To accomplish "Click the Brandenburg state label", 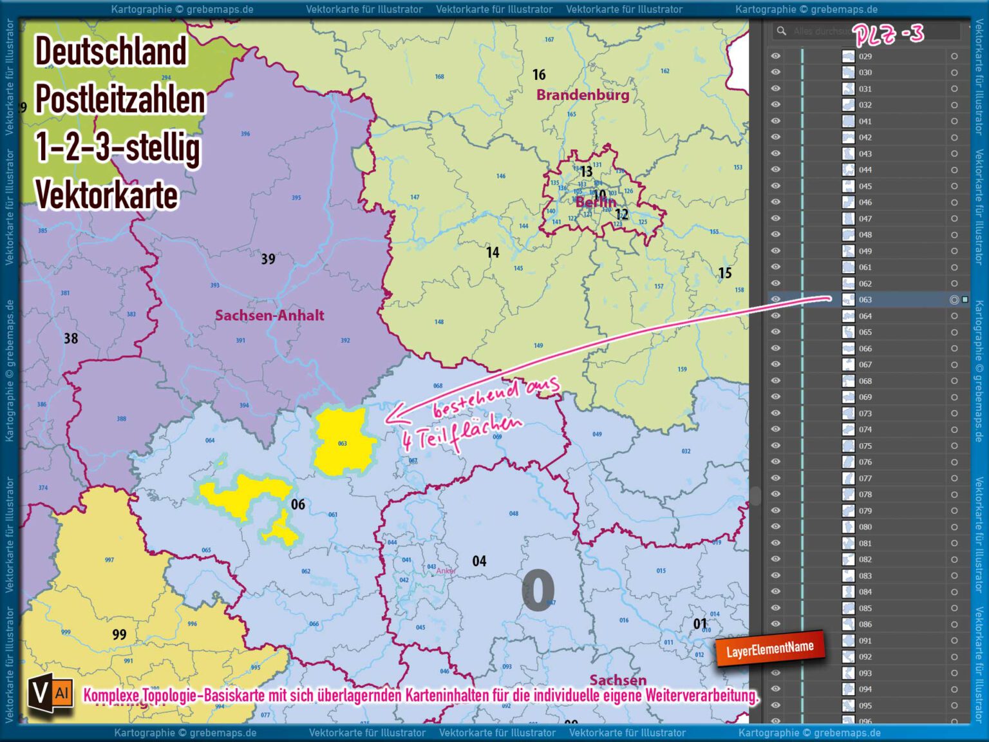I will click(x=583, y=95).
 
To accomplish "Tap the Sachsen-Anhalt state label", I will click(x=269, y=316).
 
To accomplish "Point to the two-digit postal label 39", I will click(x=268, y=259).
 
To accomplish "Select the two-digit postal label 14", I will click(x=493, y=252).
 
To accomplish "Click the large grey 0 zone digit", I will click(x=538, y=590).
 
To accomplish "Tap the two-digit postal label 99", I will click(x=119, y=634).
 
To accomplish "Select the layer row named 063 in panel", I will click(x=865, y=300).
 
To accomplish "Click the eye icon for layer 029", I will click(x=776, y=56).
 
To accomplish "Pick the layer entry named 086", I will click(x=865, y=624).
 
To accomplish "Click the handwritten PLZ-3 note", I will click(x=889, y=33).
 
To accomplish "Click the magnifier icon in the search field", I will click(x=781, y=31).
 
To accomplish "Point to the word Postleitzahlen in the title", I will click(x=120, y=99).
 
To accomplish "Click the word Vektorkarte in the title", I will click(x=106, y=195).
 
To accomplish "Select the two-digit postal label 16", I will click(x=539, y=75).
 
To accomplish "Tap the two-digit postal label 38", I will click(x=71, y=338).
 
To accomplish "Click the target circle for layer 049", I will click(x=954, y=251).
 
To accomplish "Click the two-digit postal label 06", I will click(x=297, y=504).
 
